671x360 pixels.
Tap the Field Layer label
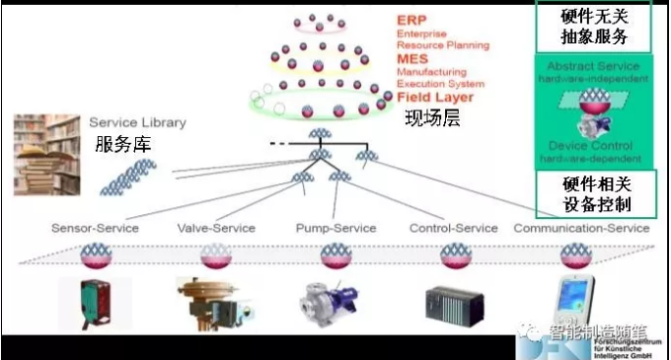(435, 98)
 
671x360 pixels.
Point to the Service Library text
(137, 123)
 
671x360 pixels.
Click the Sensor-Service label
(95, 229)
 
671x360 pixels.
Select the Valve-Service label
(217, 229)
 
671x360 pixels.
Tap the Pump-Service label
(335, 229)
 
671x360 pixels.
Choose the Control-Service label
(450, 229)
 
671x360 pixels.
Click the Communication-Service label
(581, 229)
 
